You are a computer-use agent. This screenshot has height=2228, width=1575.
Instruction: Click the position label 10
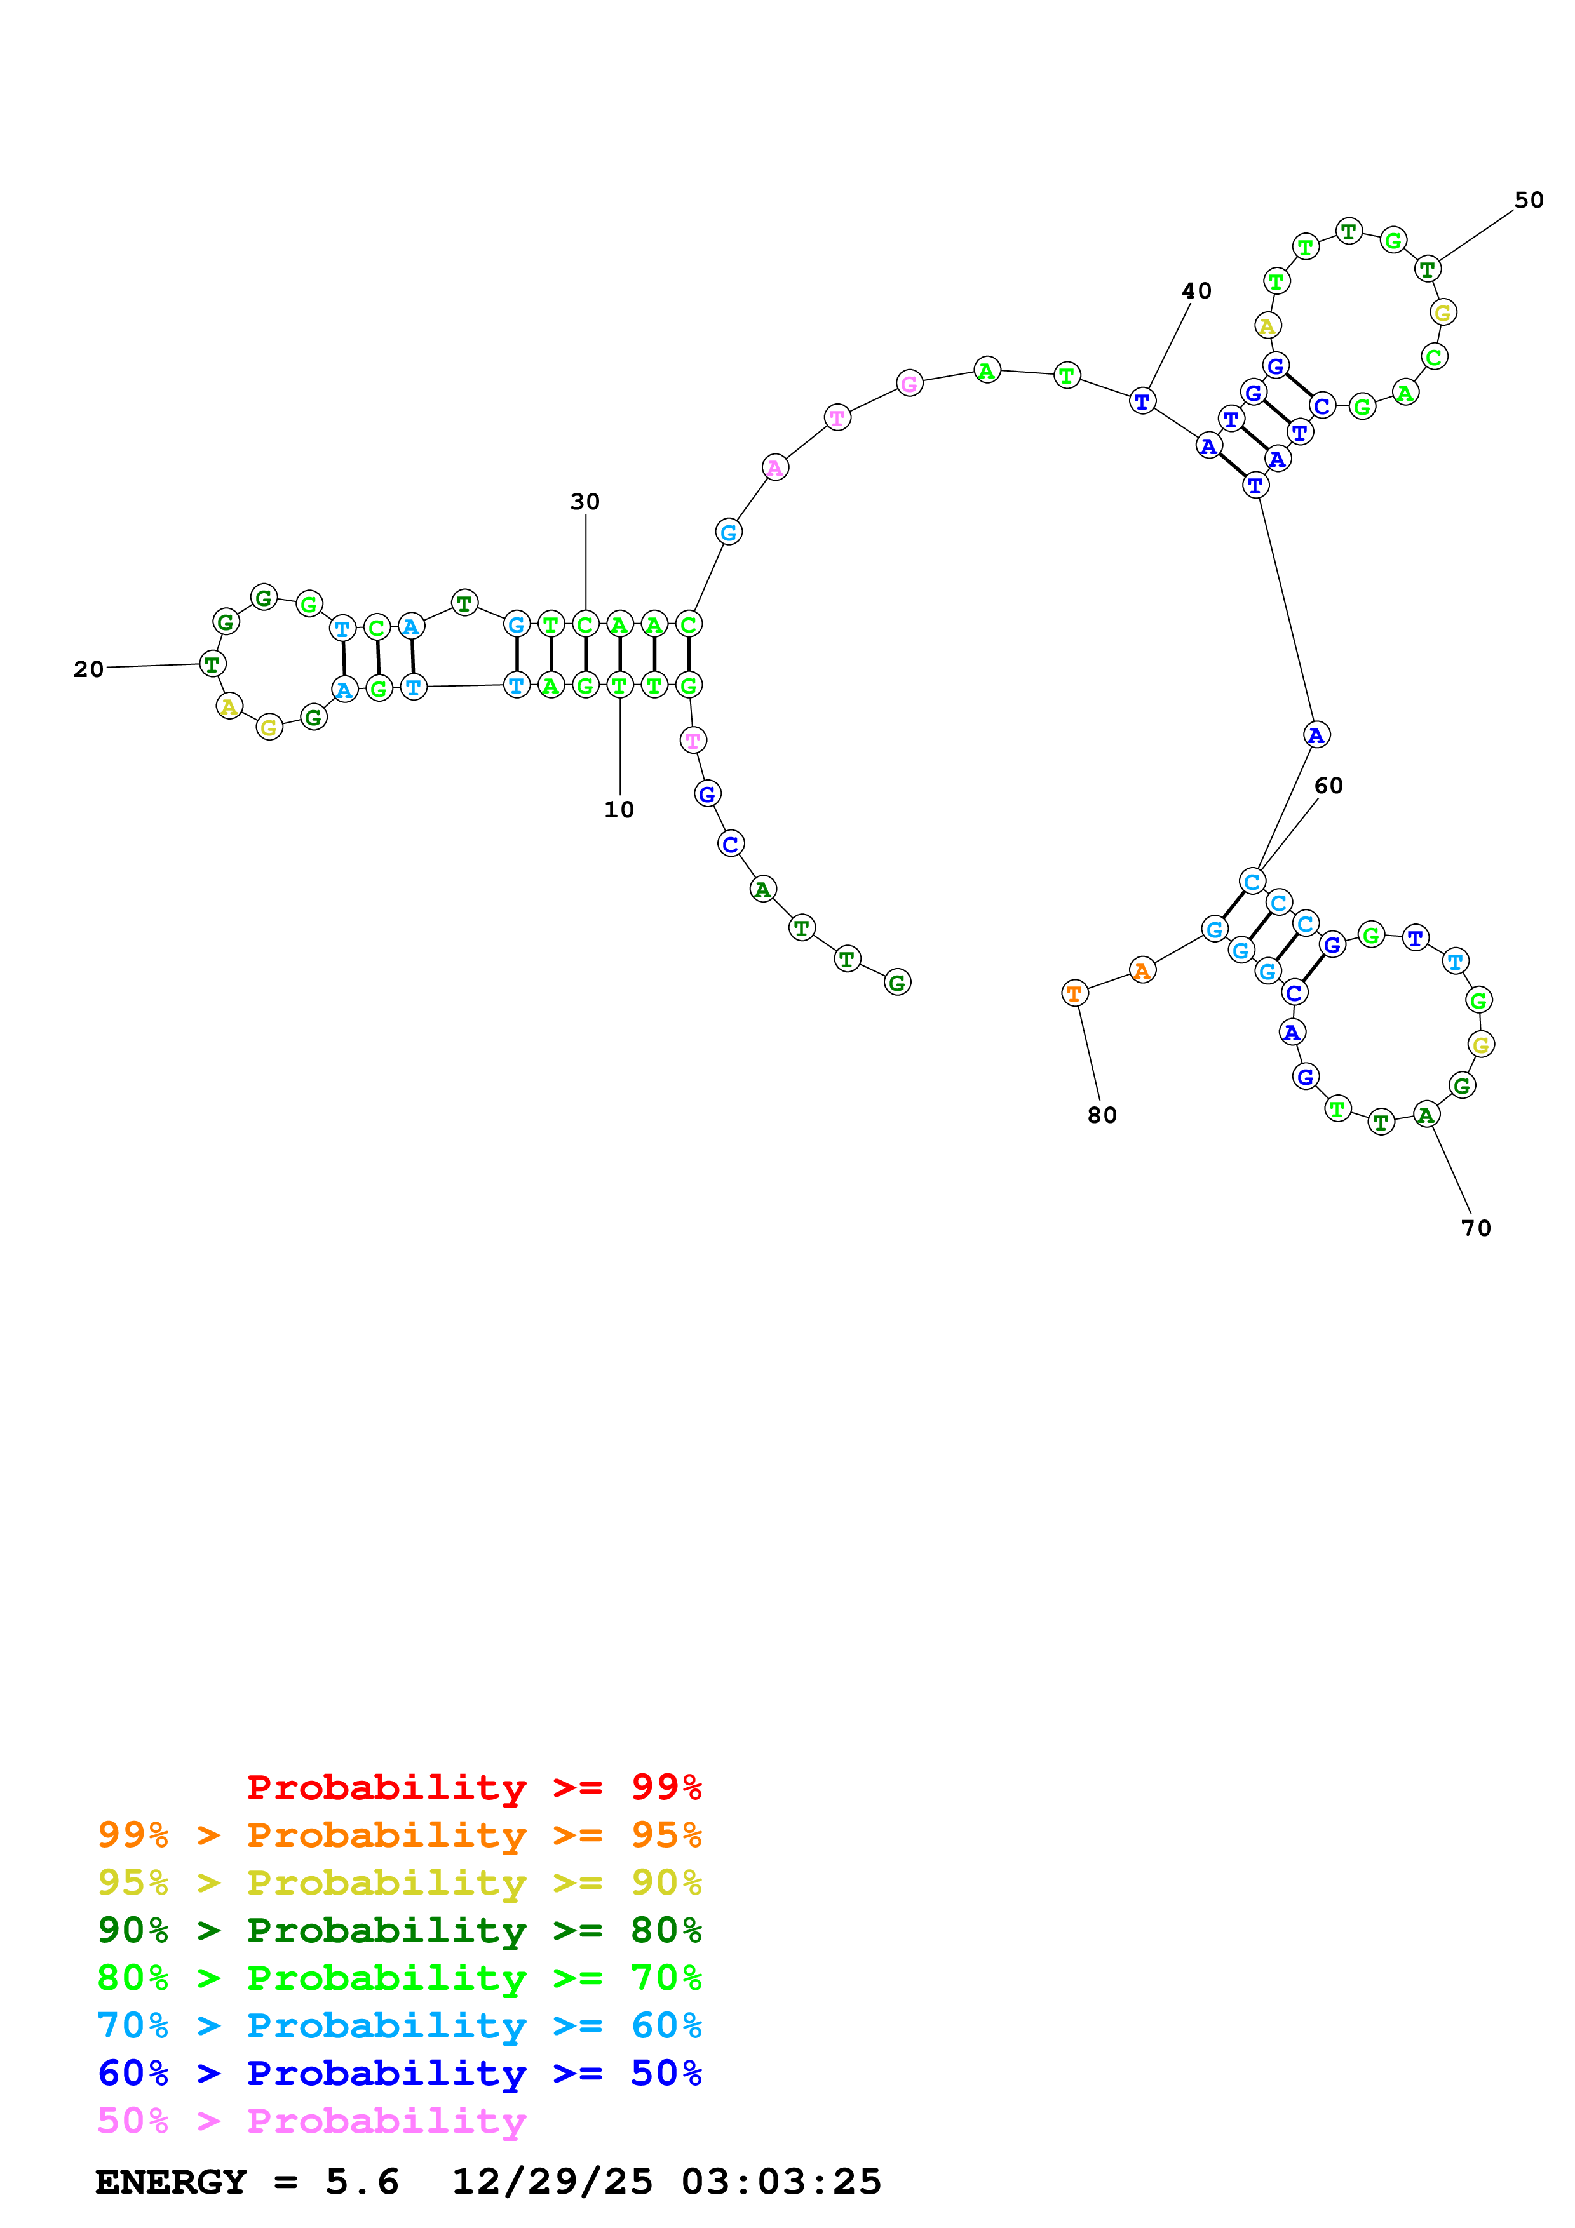pyautogui.click(x=619, y=809)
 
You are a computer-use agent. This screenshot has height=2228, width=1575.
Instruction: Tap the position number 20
pyautogui.click(x=88, y=669)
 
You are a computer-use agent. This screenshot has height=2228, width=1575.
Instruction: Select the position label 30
pyautogui.click(x=585, y=502)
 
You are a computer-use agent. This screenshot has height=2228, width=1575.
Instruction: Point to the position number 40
pyautogui.click(x=1196, y=291)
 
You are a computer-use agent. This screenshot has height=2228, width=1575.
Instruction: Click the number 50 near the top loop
pyautogui.click(x=1529, y=200)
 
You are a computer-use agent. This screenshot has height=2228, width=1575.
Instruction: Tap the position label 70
pyautogui.click(x=1476, y=1228)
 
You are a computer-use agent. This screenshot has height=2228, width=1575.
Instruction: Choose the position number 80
pyautogui.click(x=1102, y=1116)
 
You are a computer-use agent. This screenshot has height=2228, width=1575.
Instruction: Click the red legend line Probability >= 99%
pyautogui.click(x=473, y=1787)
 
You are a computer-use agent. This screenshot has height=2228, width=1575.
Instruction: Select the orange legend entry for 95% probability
pyautogui.click(x=399, y=1835)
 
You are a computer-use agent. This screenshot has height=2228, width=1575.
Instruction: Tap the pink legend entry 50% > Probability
pyautogui.click(x=311, y=2120)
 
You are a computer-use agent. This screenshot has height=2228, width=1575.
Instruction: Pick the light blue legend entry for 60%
pyautogui.click(x=399, y=2025)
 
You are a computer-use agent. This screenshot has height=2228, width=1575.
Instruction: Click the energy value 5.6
pyautogui.click(x=362, y=2182)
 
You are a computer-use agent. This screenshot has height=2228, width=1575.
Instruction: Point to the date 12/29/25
pyautogui.click(x=552, y=2182)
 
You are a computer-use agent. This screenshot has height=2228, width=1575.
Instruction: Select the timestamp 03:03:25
pyautogui.click(x=781, y=2182)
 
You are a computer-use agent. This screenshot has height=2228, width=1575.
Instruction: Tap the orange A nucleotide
pyautogui.click(x=1142, y=970)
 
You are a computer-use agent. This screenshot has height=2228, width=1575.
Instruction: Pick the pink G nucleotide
pyautogui.click(x=909, y=384)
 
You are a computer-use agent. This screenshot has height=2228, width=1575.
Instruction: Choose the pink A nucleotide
pyautogui.click(x=774, y=467)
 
